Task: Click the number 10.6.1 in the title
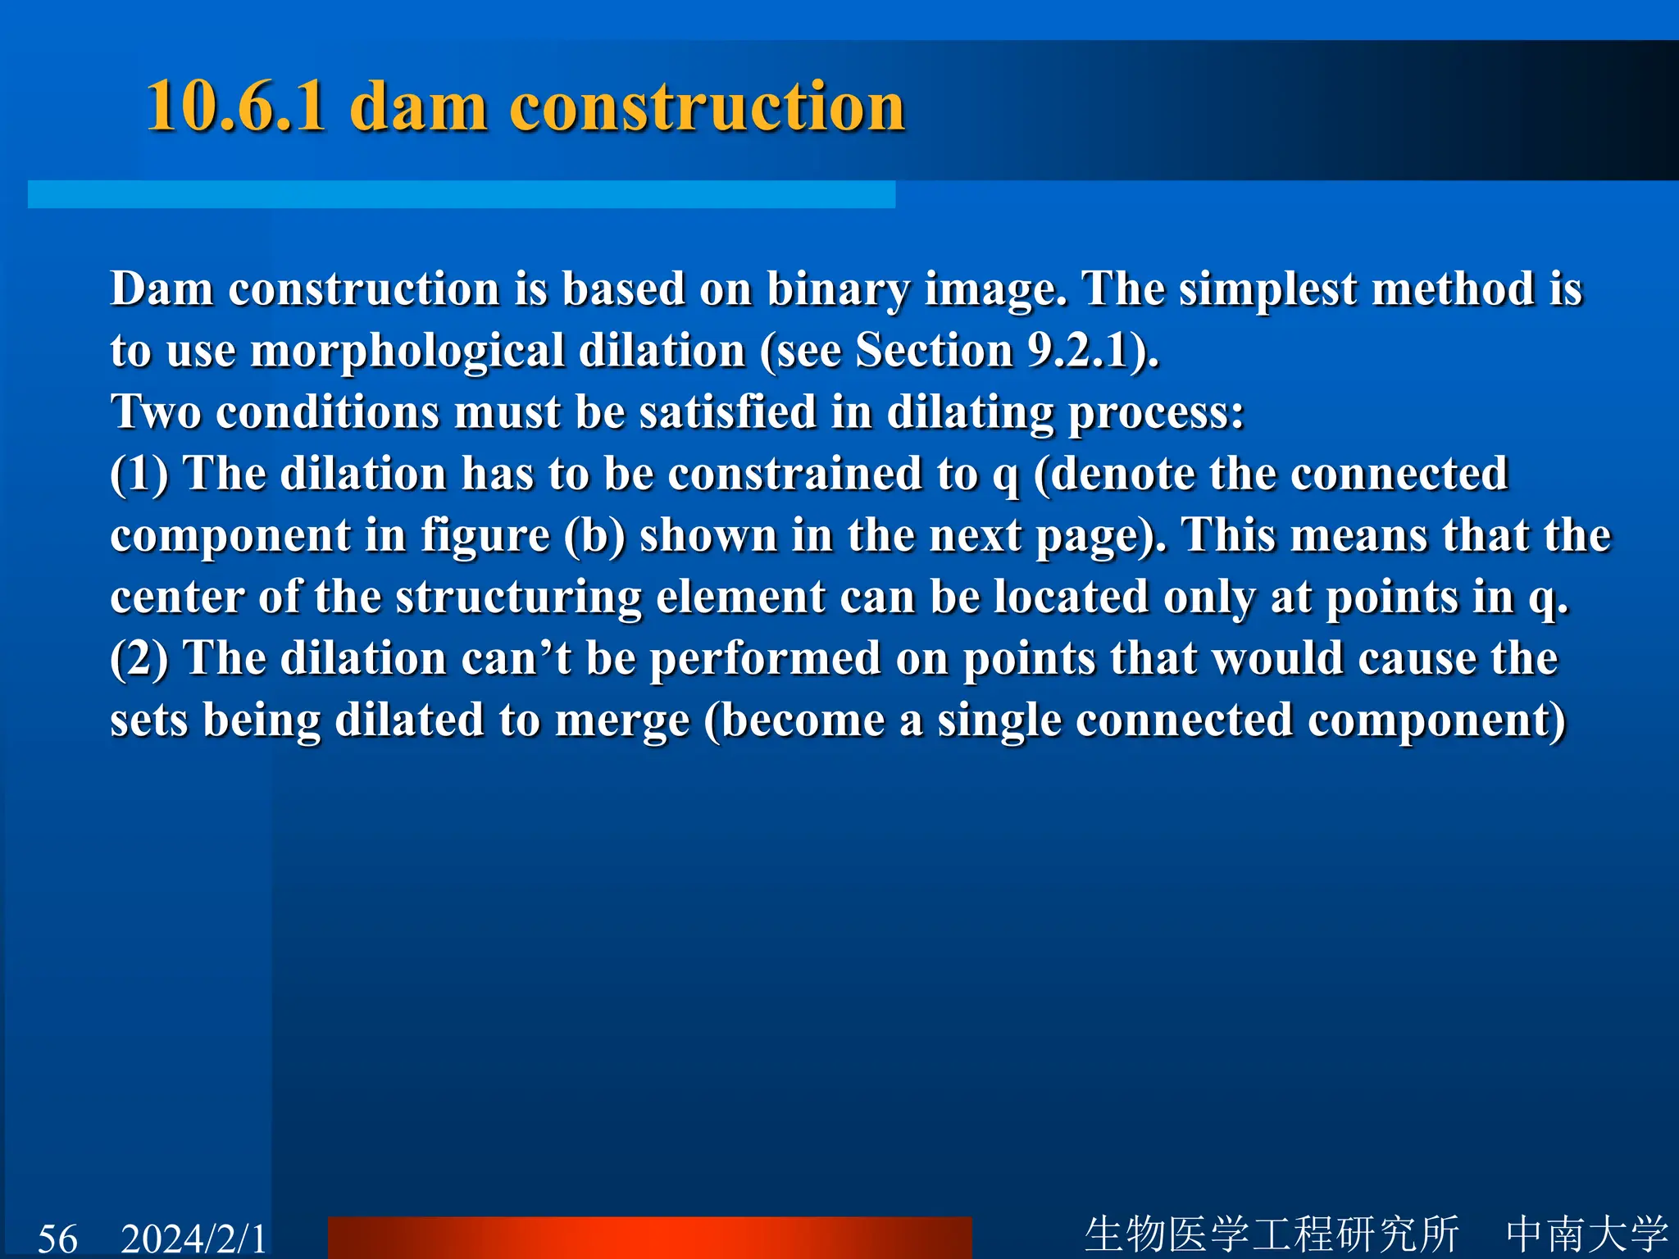tap(235, 107)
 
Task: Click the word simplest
tap(1267, 290)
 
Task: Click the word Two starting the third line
tap(156, 412)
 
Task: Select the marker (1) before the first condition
tap(139, 475)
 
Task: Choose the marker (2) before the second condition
tap(139, 659)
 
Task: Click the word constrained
tap(795, 475)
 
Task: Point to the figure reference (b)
tap(594, 536)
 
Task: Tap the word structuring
tap(518, 598)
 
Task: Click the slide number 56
tap(57, 1238)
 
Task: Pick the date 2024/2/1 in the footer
tap(193, 1238)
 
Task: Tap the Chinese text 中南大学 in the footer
tap(1586, 1234)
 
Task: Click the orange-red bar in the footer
tap(649, 1238)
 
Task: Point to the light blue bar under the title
tap(461, 194)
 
